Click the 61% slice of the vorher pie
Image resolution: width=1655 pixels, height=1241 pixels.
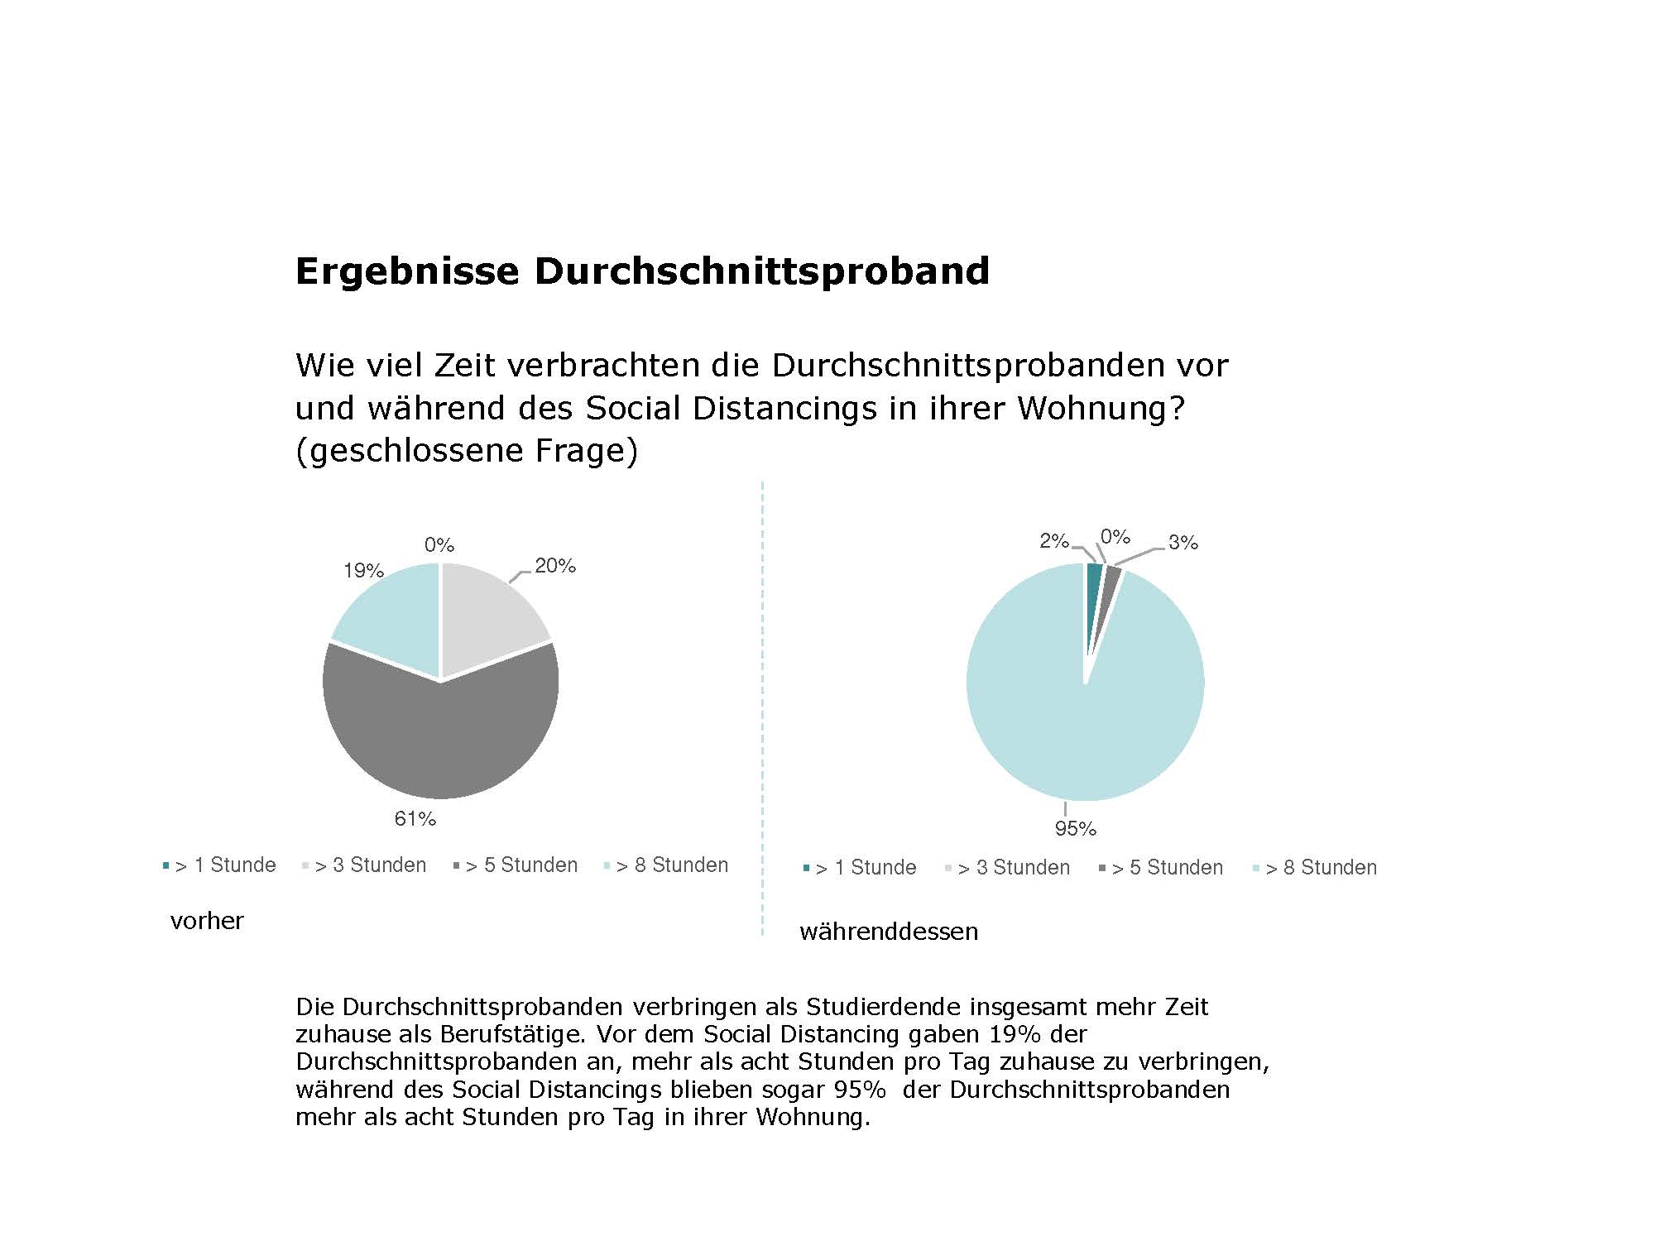pos(441,740)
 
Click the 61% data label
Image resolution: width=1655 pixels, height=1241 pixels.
pos(415,819)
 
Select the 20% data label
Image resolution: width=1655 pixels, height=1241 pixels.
pos(555,566)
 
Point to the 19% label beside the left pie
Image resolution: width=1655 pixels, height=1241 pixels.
pos(363,571)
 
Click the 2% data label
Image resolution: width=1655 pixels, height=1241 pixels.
pos(1054,541)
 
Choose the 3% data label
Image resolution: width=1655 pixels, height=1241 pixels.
pos(1183,543)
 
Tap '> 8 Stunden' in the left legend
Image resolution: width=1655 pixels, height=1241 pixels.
pos(672,865)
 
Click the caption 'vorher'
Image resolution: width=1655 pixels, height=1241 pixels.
pos(207,921)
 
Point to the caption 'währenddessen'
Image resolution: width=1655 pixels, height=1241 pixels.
pos(889,932)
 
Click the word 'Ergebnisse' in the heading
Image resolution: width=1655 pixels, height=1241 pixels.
pos(407,271)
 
